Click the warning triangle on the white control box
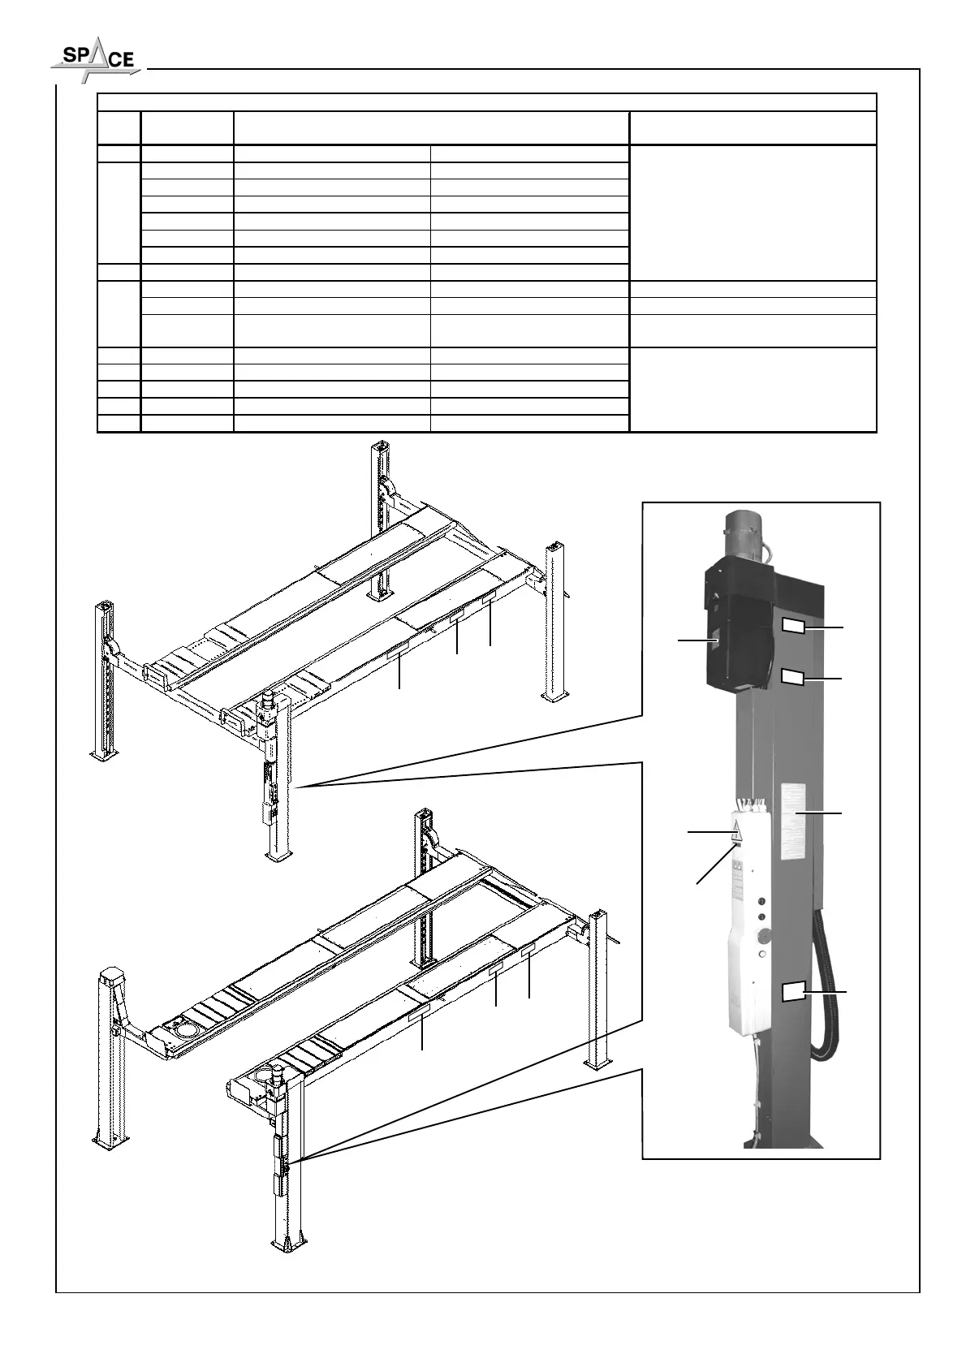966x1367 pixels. (735, 830)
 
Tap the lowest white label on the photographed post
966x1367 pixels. (793, 991)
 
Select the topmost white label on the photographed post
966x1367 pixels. (793, 626)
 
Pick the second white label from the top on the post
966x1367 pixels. (792, 677)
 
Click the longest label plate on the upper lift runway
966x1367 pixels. (400, 652)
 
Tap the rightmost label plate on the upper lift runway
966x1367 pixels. (489, 602)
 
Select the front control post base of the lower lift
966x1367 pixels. (287, 1242)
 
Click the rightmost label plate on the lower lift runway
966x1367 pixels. (528, 951)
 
